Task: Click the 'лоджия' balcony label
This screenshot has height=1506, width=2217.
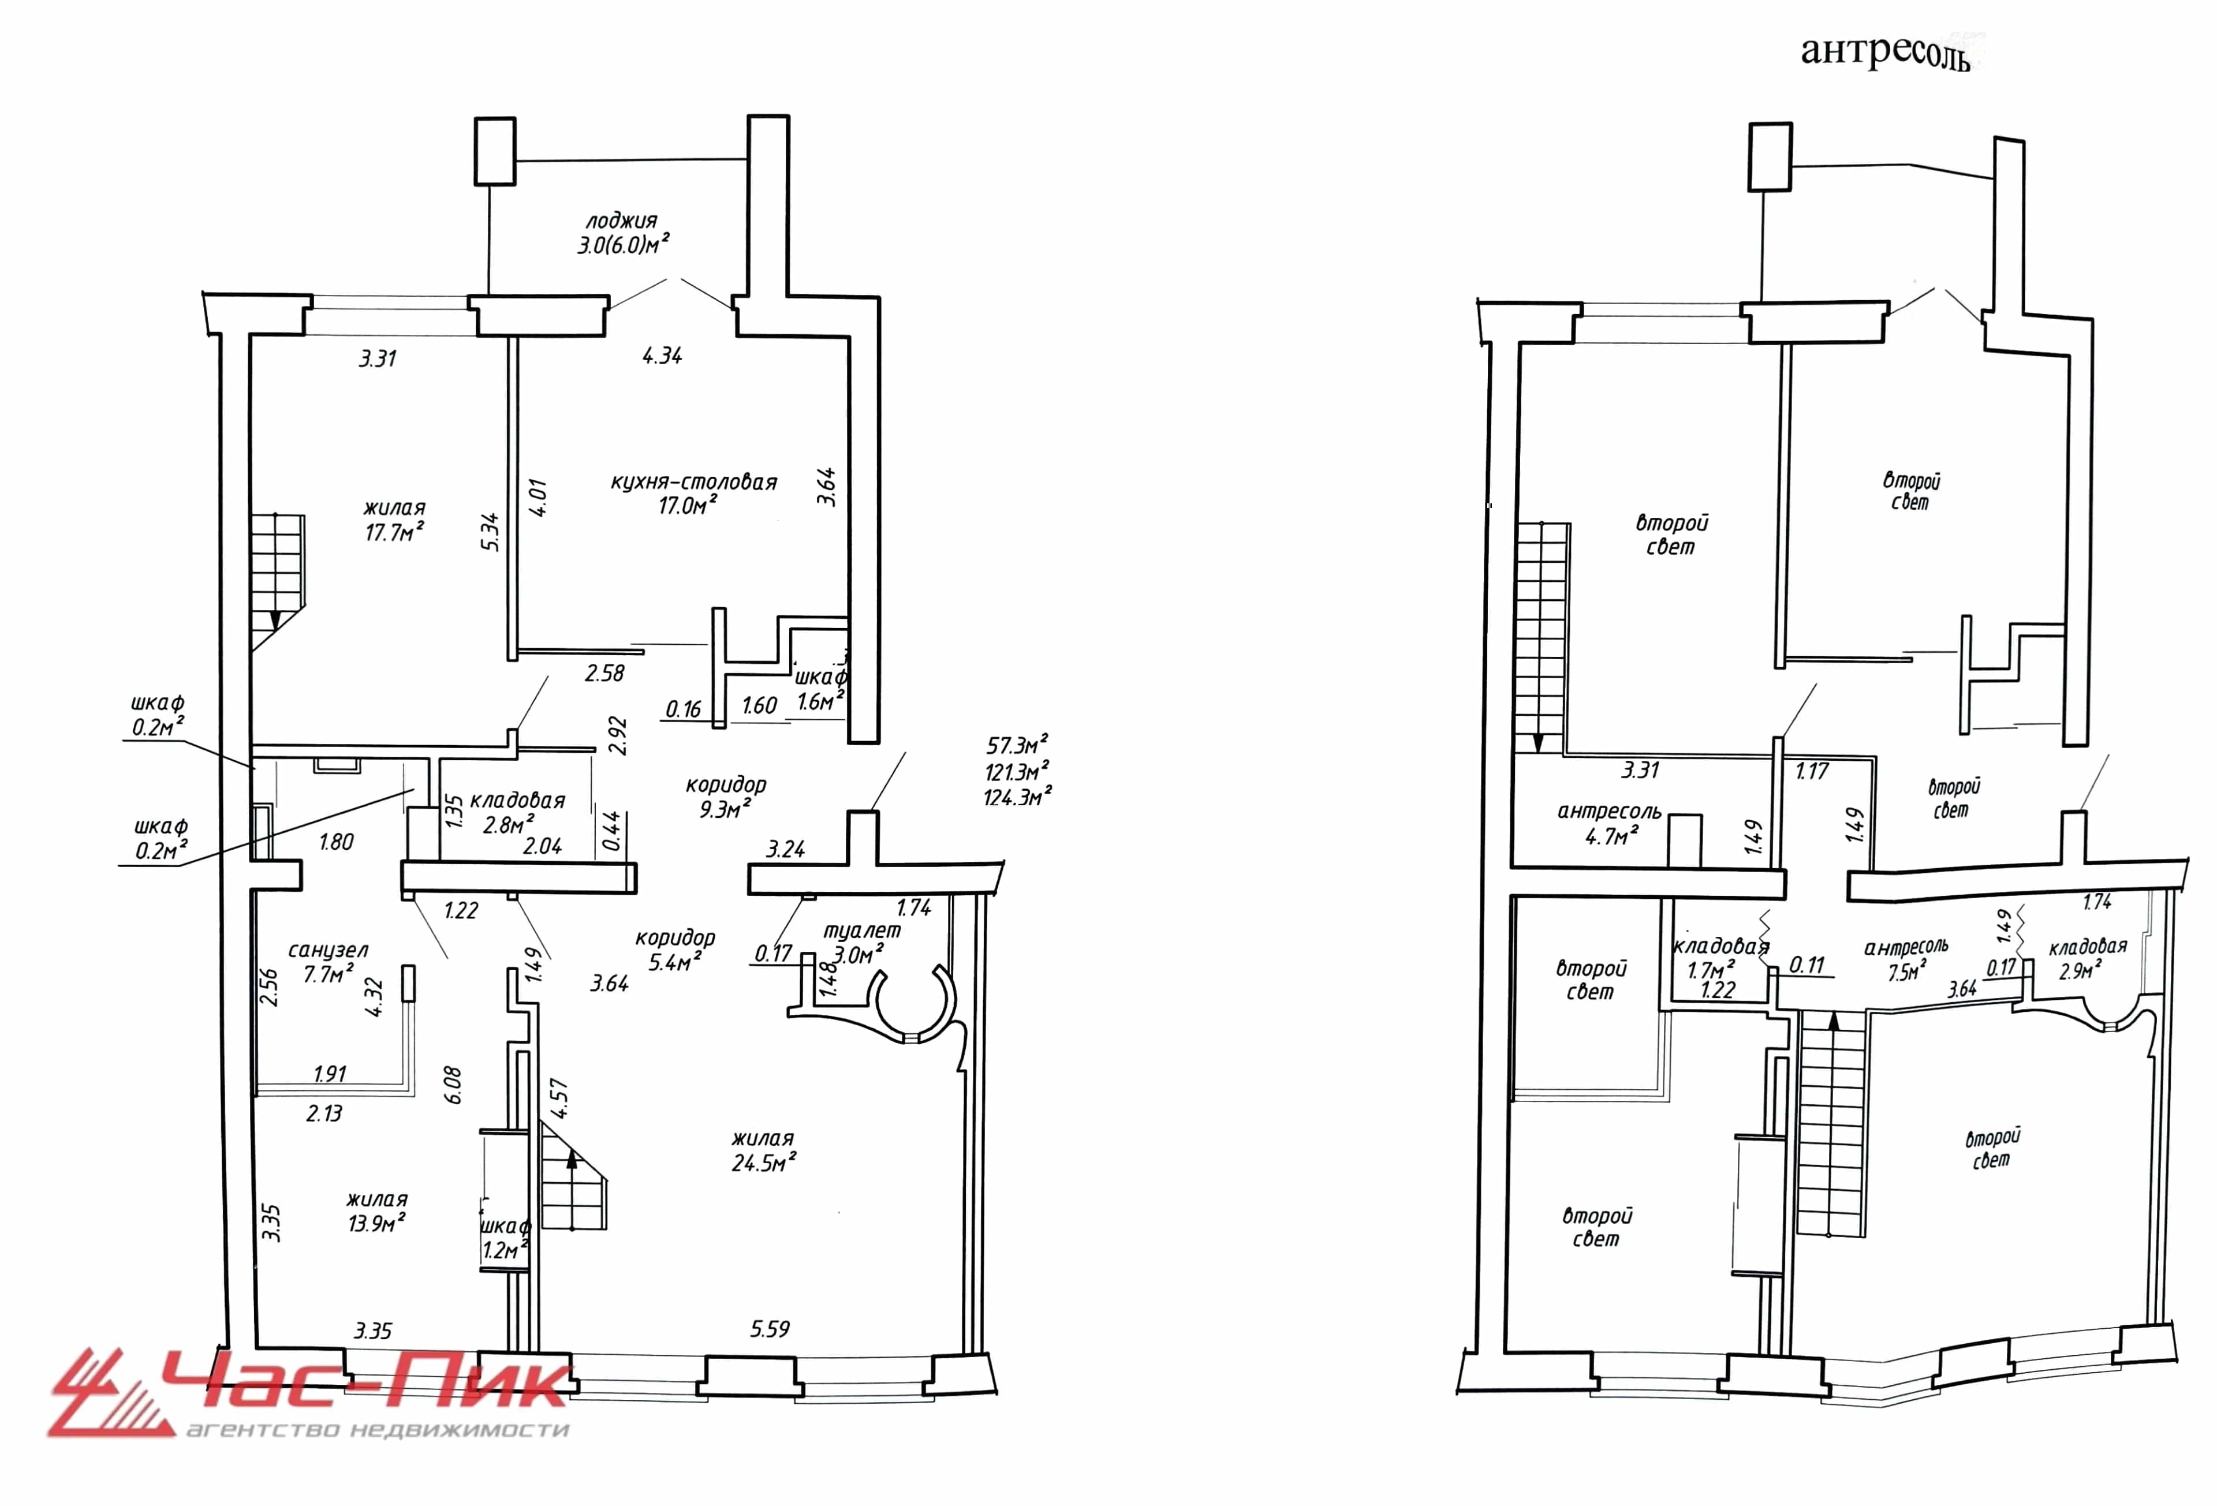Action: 622,221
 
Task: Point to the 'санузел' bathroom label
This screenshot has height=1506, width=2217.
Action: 327,950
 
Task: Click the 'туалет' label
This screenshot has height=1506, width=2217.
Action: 861,930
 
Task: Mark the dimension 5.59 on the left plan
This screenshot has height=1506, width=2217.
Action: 770,1329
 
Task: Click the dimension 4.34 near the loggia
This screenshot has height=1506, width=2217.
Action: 662,356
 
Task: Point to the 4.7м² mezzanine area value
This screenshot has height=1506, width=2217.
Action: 1611,836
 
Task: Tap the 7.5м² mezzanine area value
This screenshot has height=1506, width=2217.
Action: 1908,971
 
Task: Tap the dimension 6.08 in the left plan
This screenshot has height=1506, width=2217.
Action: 453,1085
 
